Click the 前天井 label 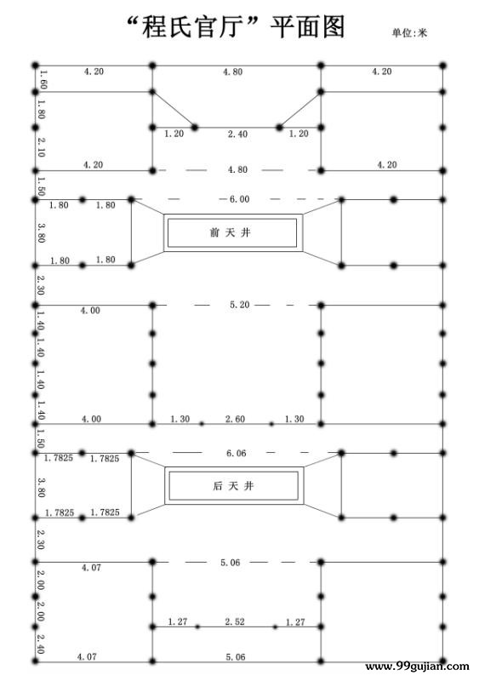point(231,232)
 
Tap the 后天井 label point(233,486)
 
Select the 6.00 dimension point(240,199)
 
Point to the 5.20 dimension point(240,305)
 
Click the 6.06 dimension point(237,454)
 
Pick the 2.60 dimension point(235,419)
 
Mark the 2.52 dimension point(235,622)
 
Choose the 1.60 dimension point(43,79)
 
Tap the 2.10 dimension point(41,147)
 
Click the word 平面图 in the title point(307,26)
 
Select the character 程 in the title point(155,26)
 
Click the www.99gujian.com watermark point(417,667)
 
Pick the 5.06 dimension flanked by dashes point(231,563)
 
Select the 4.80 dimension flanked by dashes point(238,169)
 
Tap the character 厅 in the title point(231,26)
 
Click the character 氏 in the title point(180,26)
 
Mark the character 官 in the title point(205,26)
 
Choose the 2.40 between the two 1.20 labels point(238,134)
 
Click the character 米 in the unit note point(423,33)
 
